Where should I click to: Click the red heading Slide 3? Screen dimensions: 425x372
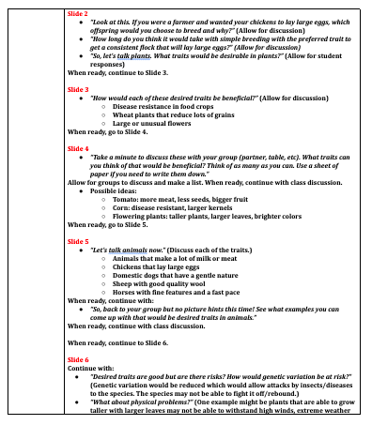(79, 89)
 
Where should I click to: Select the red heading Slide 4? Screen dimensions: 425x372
(79, 148)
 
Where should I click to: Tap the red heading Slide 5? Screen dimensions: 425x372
(79, 240)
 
